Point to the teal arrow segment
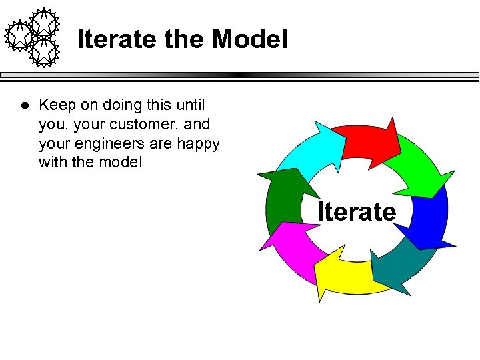click(400, 267)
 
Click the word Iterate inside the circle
click(357, 212)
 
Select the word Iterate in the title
click(117, 39)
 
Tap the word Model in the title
click(250, 39)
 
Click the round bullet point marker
click(23, 105)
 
